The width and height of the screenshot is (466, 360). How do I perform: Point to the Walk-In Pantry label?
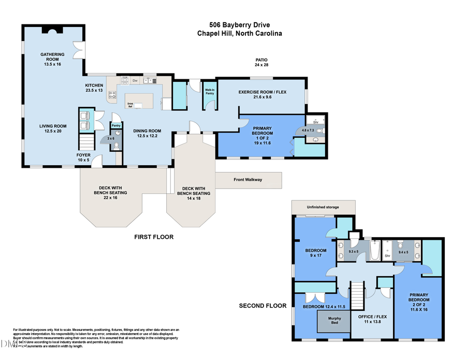[x=210, y=92]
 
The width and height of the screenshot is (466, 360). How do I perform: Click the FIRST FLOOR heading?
[x=154, y=237]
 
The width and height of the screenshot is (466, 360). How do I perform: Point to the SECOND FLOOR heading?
[x=263, y=306]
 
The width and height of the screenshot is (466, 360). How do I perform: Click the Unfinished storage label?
[x=323, y=207]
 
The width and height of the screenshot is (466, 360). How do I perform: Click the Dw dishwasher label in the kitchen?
[x=135, y=80]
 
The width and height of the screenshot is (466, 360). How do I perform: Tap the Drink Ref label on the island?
[x=130, y=105]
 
